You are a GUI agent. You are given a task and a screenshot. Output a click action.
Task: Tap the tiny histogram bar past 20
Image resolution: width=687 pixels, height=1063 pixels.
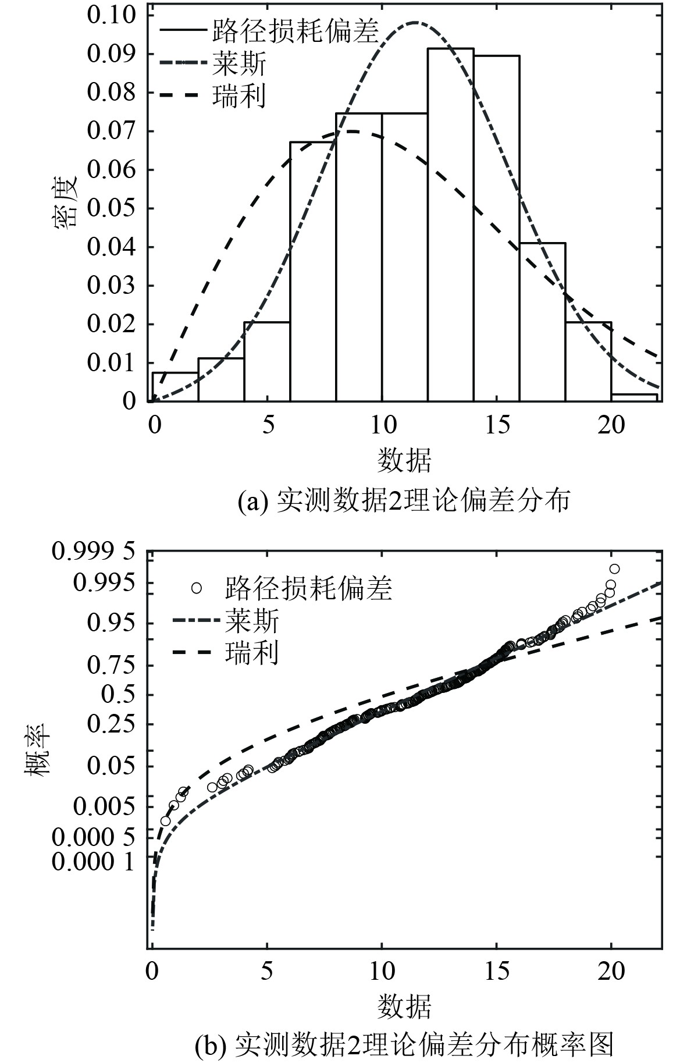(x=635, y=397)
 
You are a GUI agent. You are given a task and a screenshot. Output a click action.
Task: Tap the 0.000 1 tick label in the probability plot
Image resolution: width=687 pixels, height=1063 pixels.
(x=94, y=862)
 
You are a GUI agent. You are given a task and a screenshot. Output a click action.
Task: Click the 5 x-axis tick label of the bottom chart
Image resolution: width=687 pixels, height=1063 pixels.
(x=267, y=971)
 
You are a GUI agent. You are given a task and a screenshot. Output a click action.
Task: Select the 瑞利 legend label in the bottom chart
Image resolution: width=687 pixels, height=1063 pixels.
(x=251, y=653)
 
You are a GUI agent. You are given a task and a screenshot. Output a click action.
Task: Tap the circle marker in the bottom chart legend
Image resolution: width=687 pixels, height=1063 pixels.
(x=196, y=588)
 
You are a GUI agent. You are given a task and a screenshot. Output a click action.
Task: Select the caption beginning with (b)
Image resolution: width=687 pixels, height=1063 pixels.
(x=404, y=1045)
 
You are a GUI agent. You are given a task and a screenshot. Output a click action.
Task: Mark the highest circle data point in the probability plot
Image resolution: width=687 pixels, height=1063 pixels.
(x=614, y=568)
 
